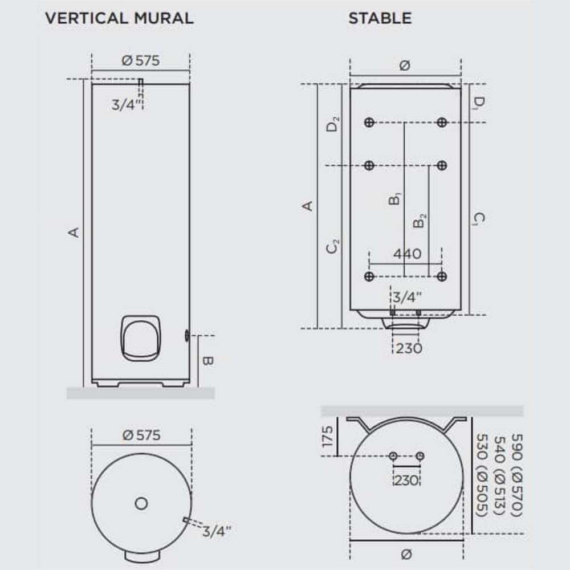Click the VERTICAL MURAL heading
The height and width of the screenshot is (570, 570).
119,18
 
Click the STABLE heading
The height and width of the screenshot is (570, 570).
380,18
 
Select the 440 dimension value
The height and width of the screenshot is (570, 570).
407,254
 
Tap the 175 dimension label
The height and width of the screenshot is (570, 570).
328,437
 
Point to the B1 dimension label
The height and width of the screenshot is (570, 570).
394,199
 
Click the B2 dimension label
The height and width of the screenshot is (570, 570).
420,221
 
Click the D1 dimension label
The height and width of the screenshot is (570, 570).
479,103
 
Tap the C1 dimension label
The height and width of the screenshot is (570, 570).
479,219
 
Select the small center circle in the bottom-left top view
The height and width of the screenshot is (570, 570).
141,503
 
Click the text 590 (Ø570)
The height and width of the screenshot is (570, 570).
516,477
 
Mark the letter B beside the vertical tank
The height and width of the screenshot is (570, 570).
208,361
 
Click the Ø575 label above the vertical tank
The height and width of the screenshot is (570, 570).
140,60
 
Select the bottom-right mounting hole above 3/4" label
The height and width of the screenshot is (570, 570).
441,276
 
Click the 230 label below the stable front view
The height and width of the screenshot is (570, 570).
407,348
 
